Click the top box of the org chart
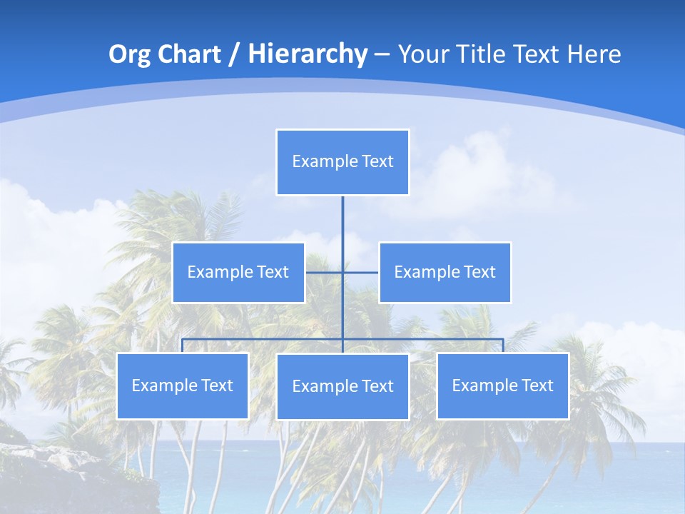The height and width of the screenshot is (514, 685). (x=342, y=162)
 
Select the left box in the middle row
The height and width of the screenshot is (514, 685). (x=238, y=272)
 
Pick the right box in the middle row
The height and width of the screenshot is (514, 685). (x=445, y=272)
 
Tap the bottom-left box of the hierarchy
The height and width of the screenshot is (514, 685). (x=182, y=385)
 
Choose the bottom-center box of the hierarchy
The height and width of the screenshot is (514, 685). (x=342, y=386)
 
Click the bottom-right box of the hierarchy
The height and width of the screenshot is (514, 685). (x=502, y=385)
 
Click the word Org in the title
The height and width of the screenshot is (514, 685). (x=130, y=54)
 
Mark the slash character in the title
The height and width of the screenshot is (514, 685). (x=233, y=54)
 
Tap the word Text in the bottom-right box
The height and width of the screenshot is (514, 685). (x=537, y=385)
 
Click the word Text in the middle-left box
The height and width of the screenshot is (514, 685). (x=273, y=272)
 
